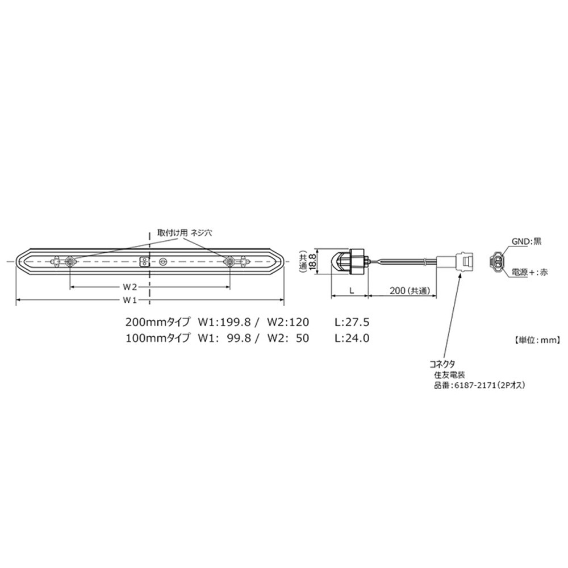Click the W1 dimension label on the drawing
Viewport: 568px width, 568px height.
tap(130, 300)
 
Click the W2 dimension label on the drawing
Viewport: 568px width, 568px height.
tap(130, 287)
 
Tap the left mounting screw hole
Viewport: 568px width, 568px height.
tap(69, 261)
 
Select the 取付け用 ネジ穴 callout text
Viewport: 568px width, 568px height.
tap(185, 233)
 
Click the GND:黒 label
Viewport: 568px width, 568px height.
tap(527, 241)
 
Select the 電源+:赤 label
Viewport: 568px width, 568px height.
tap(529, 272)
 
